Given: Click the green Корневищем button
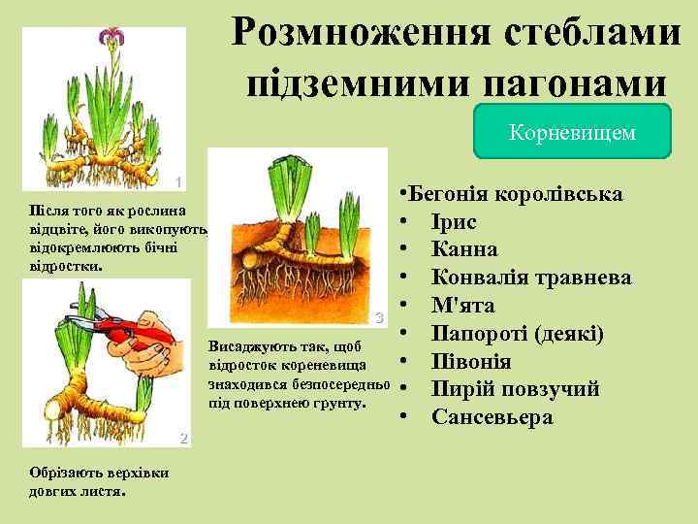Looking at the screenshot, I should point(572,132).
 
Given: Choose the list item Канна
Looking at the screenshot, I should point(464,249).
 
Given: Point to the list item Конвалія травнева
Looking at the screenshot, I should point(530,278).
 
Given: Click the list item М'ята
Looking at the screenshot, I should point(462,306).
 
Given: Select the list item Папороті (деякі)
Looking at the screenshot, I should point(517,334).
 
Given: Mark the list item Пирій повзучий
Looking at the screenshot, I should point(515,389).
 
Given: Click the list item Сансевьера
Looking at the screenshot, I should point(492,417).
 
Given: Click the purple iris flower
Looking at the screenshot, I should point(110,40).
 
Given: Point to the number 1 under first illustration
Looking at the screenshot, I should point(178,182).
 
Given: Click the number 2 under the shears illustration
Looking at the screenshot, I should point(181,439).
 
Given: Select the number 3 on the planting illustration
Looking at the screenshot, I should point(380,317).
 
